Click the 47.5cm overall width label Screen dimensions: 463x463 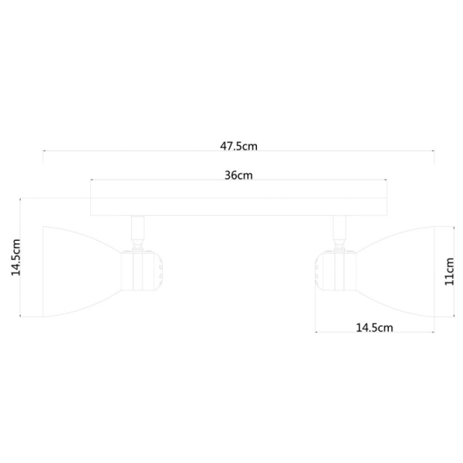pyautogui.click(x=238, y=144)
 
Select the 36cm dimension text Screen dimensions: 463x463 pyautogui.click(x=238, y=174)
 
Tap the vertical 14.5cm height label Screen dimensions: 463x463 pyautogui.click(x=14, y=258)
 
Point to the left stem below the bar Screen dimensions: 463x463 pyautogui.click(x=138, y=229)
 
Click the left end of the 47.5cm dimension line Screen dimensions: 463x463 pyautogui.click(x=43, y=151)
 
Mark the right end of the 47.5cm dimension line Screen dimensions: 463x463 pyautogui.click(x=434, y=151)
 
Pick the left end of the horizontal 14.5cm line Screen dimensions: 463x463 pyautogui.click(x=316, y=333)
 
